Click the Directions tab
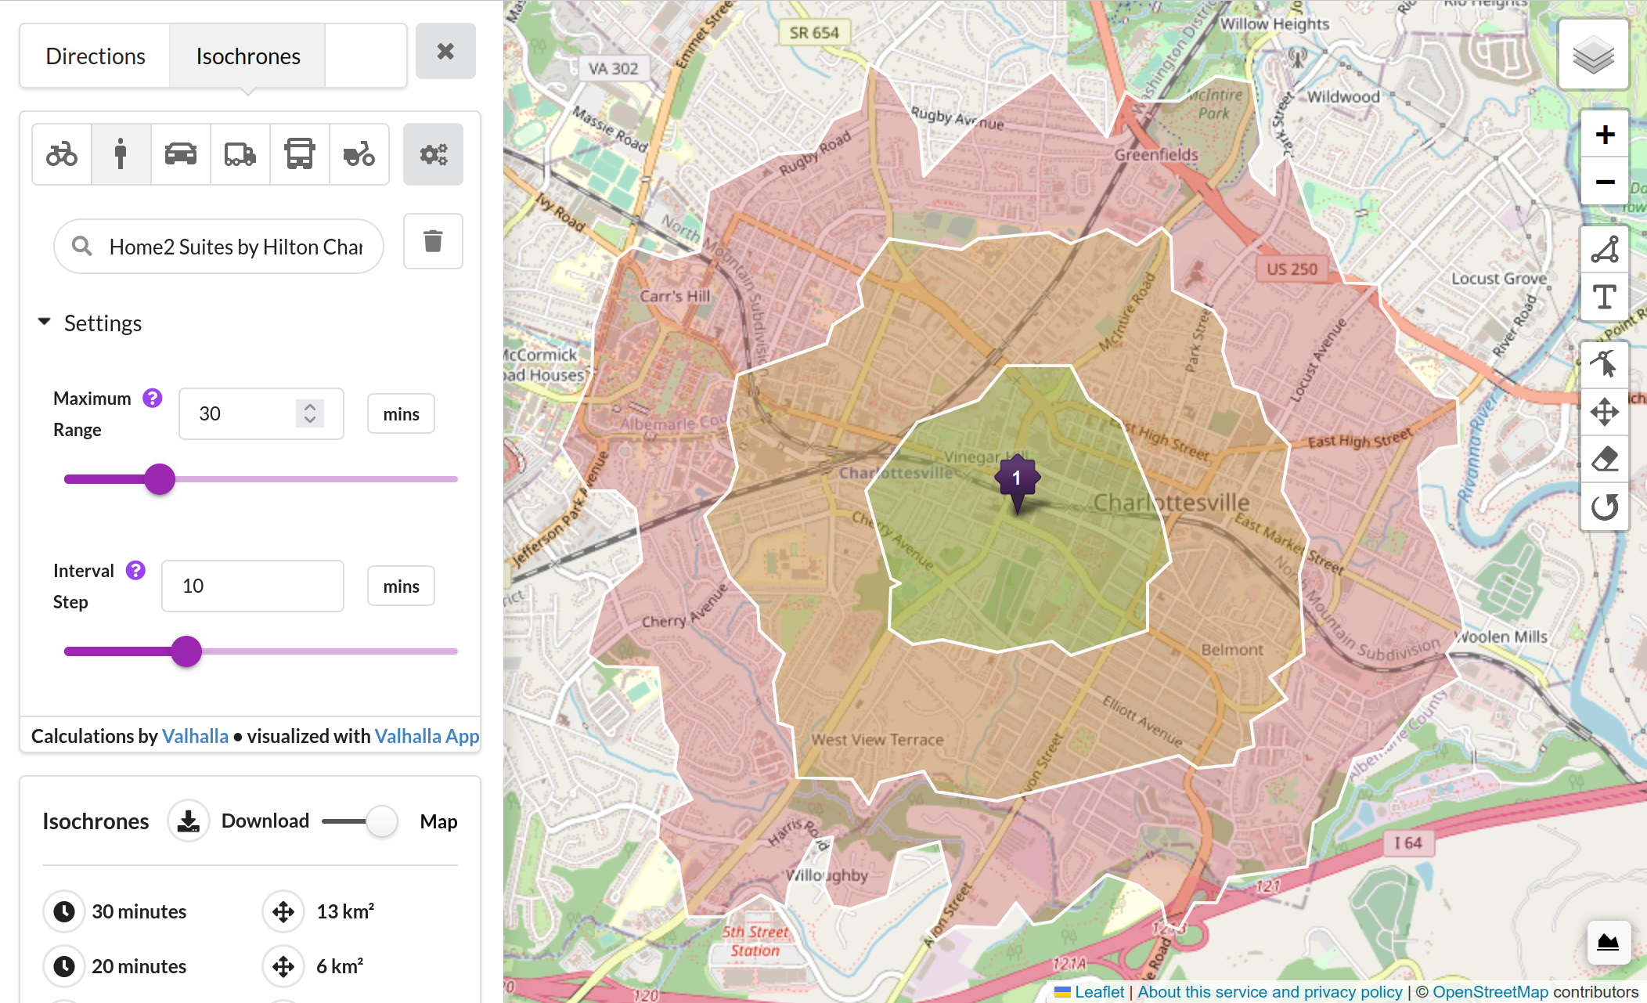(96, 56)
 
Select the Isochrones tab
(247, 56)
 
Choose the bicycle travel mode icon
(62, 154)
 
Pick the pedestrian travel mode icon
(121, 154)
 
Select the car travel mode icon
(180, 154)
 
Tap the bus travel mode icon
(299, 154)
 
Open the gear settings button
(433, 154)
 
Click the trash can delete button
(433, 241)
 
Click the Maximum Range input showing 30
(243, 413)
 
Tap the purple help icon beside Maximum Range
(152, 398)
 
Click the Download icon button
(188, 821)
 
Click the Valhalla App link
(427, 736)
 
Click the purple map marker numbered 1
(1017, 478)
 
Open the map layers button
(1593, 55)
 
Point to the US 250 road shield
(1292, 269)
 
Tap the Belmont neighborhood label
(1232, 649)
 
